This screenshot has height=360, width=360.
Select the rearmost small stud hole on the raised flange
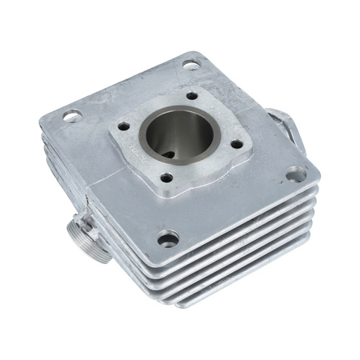(x=192, y=96)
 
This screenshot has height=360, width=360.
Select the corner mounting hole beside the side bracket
(x=295, y=173)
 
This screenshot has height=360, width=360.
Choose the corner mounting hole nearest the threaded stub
(x=167, y=238)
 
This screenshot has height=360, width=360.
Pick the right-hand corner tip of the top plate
(x=317, y=174)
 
